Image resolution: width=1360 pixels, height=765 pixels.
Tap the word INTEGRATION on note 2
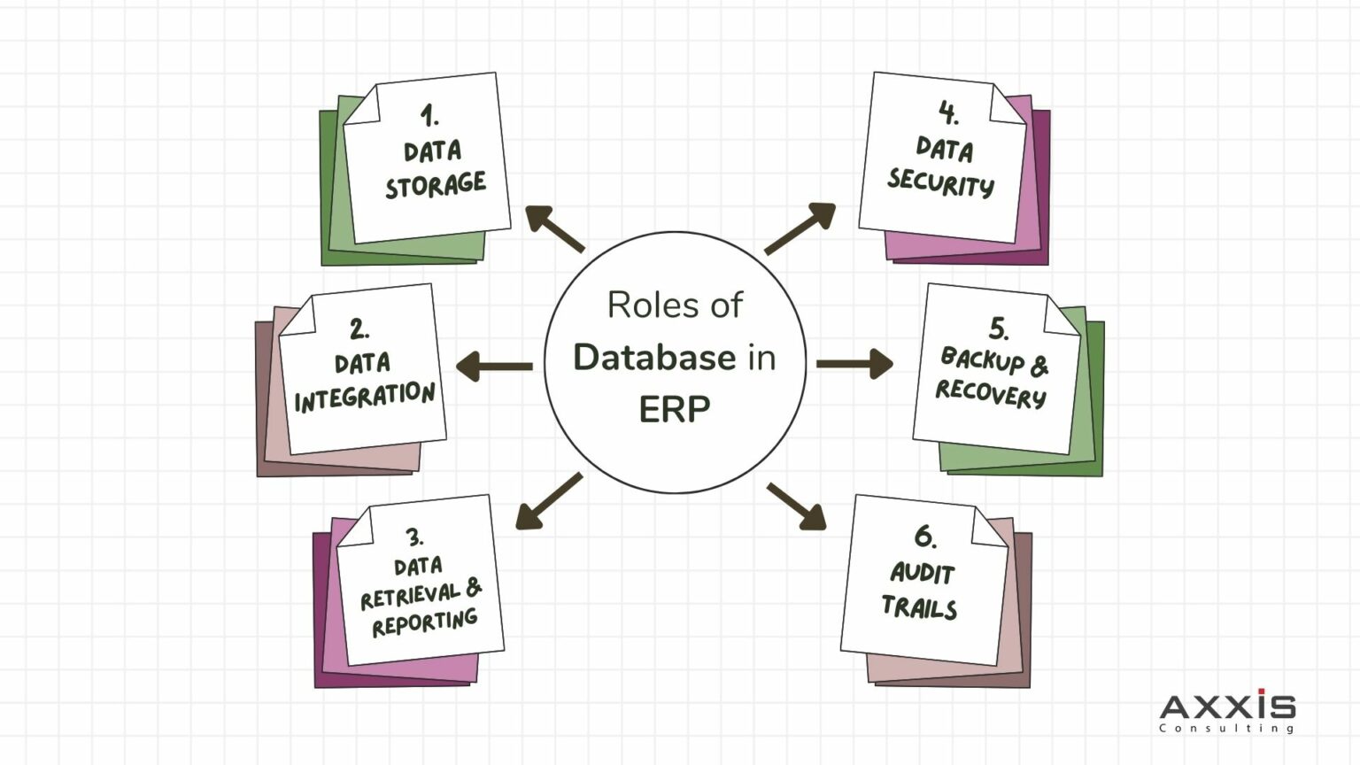point(364,398)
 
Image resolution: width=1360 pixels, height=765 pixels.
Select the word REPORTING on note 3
point(424,622)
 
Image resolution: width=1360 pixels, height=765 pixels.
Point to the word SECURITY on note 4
point(940,182)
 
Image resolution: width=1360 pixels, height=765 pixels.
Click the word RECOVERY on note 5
point(991,392)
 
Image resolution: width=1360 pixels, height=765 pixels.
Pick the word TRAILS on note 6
point(919,607)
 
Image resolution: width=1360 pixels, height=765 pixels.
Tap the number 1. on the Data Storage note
point(429,115)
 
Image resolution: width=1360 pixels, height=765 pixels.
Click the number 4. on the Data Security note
point(948,112)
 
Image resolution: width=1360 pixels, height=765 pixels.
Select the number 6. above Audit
point(925,537)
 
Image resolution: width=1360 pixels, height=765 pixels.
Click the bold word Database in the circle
point(654,358)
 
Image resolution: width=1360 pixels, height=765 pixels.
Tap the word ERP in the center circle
point(674,410)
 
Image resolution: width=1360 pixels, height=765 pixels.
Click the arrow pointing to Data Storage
point(553,228)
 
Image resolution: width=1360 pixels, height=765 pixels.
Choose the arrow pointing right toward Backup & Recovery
point(855,363)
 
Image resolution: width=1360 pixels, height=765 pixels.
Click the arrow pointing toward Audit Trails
point(797,506)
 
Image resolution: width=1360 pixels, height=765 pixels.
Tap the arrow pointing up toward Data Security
point(800,228)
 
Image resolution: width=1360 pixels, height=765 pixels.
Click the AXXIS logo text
point(1227,707)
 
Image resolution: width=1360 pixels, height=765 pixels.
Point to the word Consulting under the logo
point(1227,729)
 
